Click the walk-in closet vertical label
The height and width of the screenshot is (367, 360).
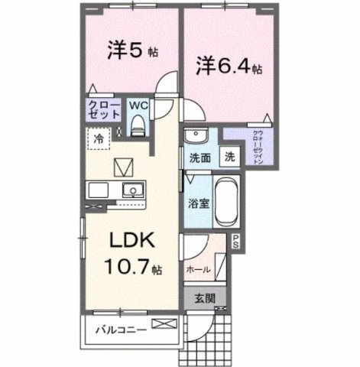point(258,147)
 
